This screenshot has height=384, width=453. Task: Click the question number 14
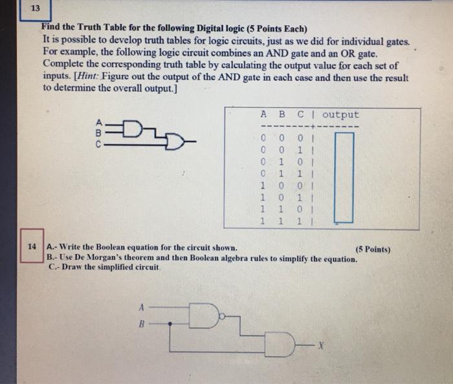pyautogui.click(x=31, y=246)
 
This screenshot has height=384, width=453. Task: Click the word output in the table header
pyautogui.click(x=340, y=115)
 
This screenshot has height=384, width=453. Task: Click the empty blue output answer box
pyautogui.click(x=344, y=176)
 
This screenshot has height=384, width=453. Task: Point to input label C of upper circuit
pyautogui.click(x=96, y=144)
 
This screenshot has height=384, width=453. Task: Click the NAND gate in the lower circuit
pyautogui.click(x=206, y=316)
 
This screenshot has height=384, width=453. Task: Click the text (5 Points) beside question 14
pyautogui.click(x=373, y=249)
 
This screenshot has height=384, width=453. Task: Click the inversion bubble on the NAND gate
pyautogui.click(x=222, y=316)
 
